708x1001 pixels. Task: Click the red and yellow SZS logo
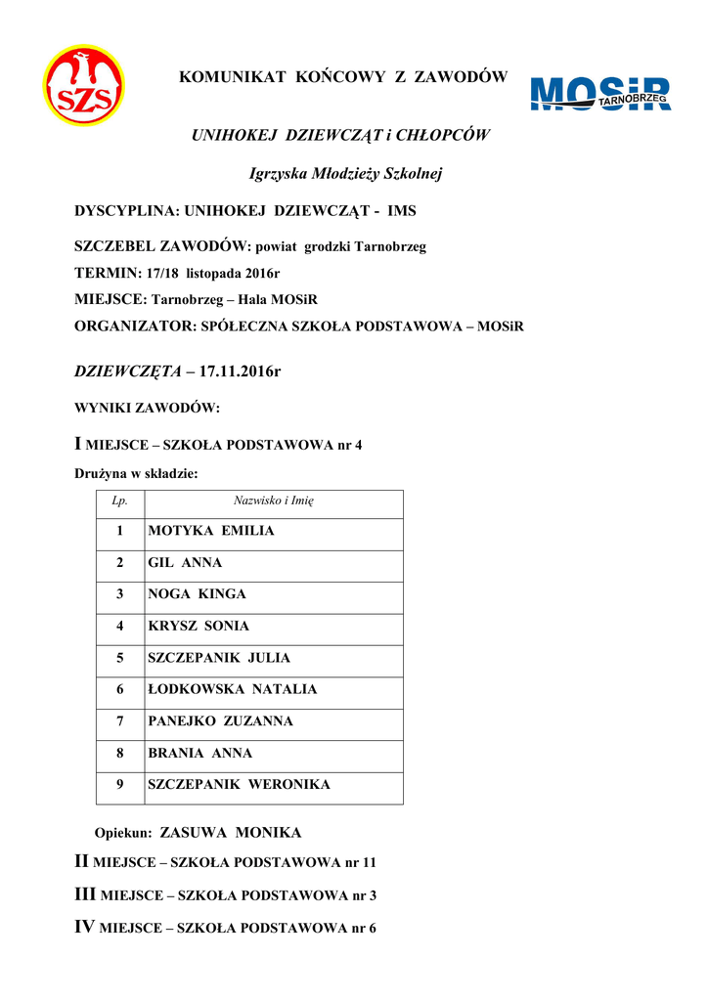83,86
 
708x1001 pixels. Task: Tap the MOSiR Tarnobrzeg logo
599,95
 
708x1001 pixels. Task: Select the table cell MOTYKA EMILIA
211,531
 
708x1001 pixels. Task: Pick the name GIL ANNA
185,563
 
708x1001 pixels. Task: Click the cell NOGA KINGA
197,594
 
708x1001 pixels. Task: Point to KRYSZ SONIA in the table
199,626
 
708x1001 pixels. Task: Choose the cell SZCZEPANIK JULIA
219,658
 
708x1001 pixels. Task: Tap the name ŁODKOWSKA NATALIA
233,689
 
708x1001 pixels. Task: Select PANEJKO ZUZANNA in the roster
220,721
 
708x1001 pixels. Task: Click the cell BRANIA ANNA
199,753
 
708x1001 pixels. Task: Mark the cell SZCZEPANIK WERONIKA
239,784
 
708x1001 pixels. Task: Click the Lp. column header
119,500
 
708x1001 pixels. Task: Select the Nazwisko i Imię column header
273,500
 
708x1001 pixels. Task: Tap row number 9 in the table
119,784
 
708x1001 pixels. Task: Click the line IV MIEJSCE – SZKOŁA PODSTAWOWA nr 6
225,928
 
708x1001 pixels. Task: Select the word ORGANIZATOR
133,326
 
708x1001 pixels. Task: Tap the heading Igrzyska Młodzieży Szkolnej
346,174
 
